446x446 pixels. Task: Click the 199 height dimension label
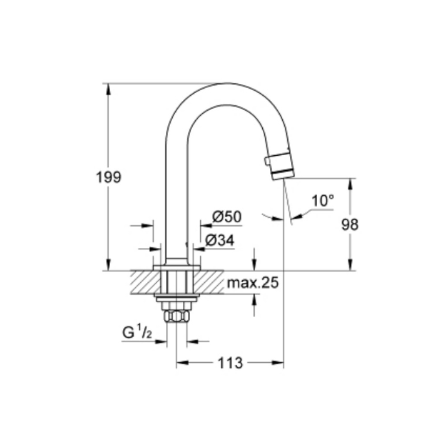click(x=109, y=177)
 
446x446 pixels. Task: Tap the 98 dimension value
click(x=350, y=225)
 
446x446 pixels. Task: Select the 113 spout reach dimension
click(x=230, y=363)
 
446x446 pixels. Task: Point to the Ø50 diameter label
click(x=227, y=217)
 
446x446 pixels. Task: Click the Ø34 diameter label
click(x=220, y=241)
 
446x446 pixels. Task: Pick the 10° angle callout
click(x=323, y=201)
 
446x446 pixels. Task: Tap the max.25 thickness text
click(x=253, y=283)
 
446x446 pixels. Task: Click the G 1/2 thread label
click(x=137, y=332)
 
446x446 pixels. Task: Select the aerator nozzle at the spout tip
click(x=280, y=166)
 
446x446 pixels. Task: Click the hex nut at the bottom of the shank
click(x=177, y=316)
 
